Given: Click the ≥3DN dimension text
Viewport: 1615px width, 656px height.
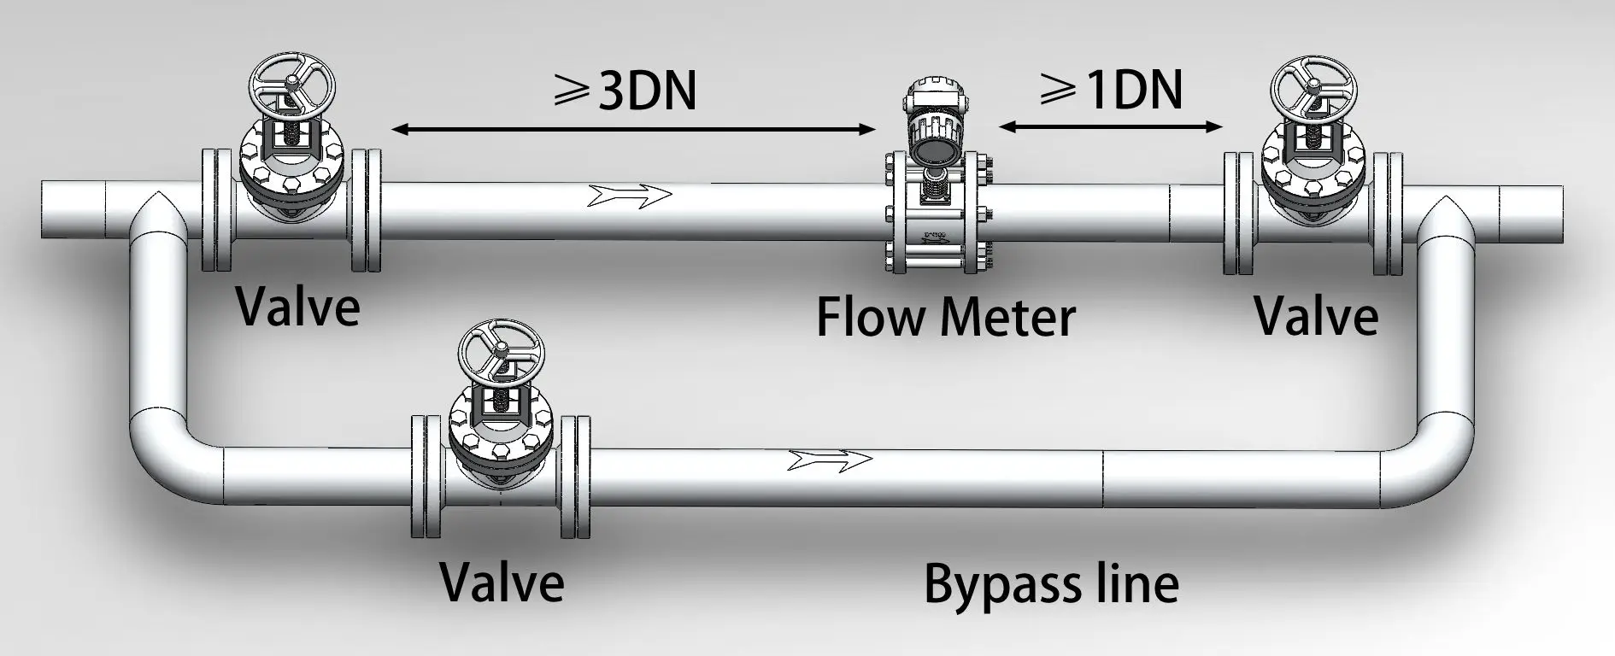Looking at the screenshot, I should [626, 90].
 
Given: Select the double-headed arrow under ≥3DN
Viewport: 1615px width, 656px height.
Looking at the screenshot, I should [632, 130].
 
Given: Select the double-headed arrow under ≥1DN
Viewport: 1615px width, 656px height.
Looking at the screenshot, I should [1111, 127].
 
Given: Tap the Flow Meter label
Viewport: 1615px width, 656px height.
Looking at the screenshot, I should [945, 317].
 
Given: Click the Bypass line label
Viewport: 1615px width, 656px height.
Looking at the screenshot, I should [1051, 583].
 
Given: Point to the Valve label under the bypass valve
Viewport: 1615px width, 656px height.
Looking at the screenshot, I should [502, 583].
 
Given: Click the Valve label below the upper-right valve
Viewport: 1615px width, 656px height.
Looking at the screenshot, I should [1316, 315].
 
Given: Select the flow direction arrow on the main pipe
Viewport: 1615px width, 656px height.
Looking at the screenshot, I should [631, 196].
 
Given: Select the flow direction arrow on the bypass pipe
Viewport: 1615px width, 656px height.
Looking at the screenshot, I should [830, 460].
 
